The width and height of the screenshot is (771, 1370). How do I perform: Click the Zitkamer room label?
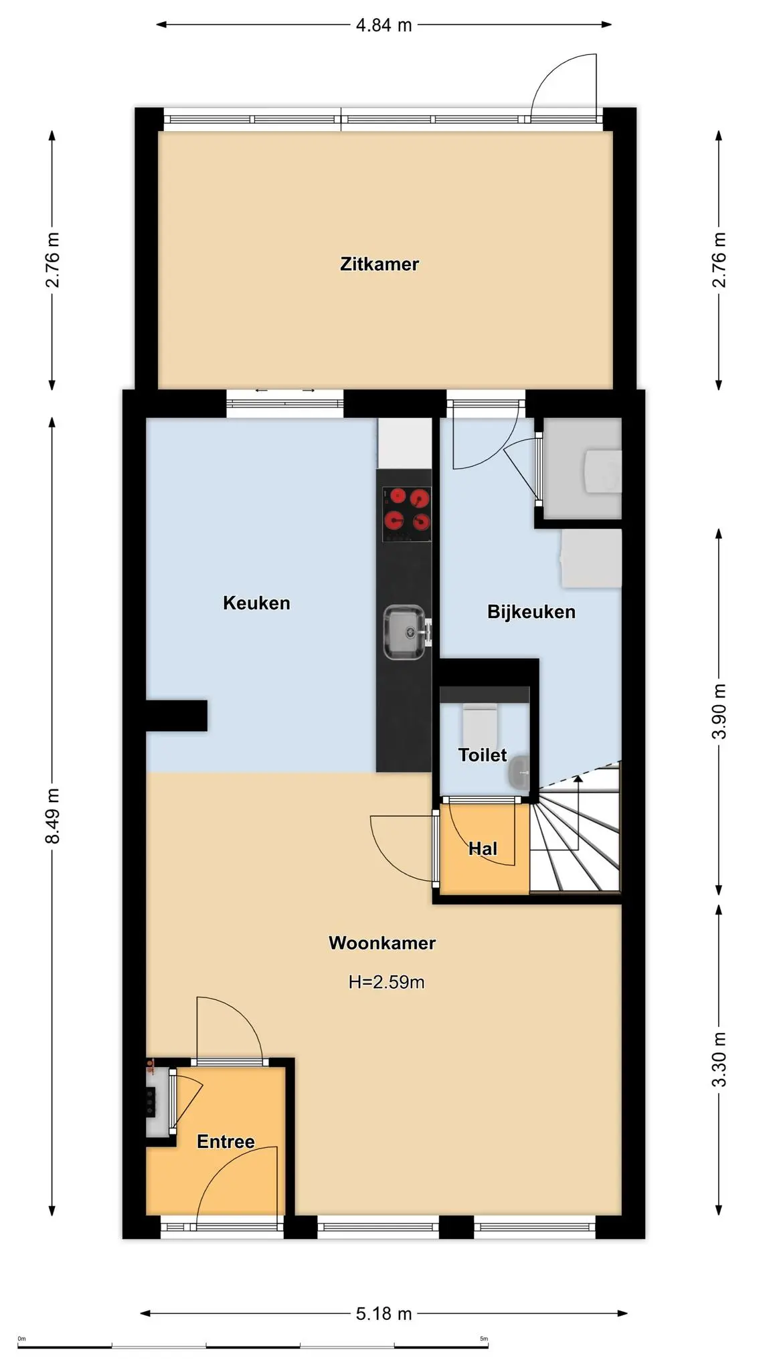379,264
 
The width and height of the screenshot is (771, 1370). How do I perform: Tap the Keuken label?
256,603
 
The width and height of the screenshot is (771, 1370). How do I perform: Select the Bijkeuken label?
531,612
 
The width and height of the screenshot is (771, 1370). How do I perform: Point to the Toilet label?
483,755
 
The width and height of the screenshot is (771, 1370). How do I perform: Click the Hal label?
483,849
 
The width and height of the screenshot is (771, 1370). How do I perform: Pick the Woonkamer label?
382,943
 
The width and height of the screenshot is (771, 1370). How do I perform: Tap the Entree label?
226,1141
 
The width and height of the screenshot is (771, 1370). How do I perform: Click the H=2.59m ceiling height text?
386,982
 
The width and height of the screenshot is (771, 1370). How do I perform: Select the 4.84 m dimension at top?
383,25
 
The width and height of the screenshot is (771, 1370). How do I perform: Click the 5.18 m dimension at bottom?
383,1314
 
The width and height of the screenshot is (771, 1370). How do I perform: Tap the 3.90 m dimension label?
719,712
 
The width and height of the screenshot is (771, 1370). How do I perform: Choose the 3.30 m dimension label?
719,1060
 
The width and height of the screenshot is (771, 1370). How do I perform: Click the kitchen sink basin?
404,632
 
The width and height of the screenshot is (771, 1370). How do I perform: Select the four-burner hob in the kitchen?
406,514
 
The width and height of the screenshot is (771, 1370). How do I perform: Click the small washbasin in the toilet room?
519,772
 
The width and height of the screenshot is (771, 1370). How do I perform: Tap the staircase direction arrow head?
578,779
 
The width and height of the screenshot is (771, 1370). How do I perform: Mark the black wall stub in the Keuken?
177,715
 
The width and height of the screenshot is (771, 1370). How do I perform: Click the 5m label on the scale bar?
484,1339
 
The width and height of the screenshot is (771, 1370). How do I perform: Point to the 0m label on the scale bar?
21,1339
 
